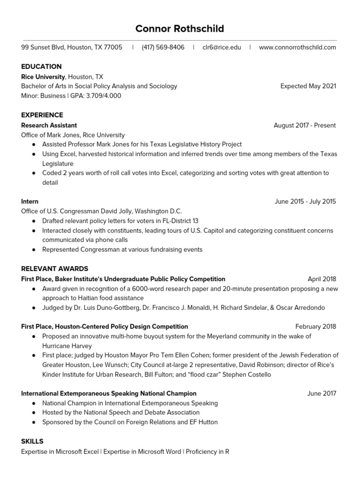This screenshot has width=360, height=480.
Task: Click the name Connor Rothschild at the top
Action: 180,29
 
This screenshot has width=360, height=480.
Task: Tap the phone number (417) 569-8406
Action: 163,47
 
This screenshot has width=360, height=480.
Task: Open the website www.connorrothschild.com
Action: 297,47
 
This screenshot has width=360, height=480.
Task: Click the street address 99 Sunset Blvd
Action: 43,47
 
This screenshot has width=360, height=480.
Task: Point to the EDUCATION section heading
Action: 41,67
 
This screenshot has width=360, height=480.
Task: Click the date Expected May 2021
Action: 308,86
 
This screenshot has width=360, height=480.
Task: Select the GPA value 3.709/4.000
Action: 104,96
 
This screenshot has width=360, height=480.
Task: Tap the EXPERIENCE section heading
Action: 42,115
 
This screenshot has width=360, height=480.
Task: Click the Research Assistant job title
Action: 49,125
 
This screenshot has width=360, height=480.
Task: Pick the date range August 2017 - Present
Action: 305,125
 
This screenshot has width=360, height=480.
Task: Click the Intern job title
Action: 30,202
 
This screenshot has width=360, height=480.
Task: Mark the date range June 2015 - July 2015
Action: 305,202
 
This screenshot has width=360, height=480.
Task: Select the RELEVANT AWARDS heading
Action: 54,269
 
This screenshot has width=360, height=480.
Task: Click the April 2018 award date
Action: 322,279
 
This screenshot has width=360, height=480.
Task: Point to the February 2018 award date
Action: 315,327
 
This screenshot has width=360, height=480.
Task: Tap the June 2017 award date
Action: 322,394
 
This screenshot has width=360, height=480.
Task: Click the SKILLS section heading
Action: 32,442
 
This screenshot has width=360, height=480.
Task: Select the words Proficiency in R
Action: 207,452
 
